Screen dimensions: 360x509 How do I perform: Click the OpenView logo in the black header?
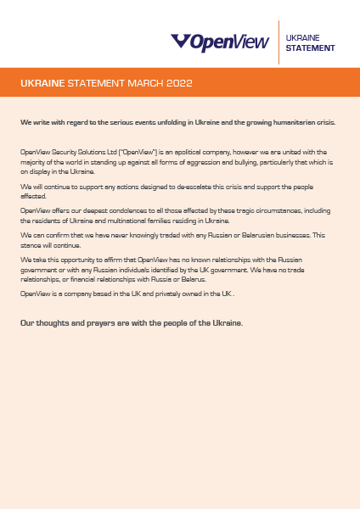pyautogui.click(x=220, y=42)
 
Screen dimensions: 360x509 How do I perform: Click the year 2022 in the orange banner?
pyautogui.click(x=180, y=84)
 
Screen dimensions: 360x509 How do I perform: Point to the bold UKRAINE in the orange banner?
pyautogui.click(x=42, y=84)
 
